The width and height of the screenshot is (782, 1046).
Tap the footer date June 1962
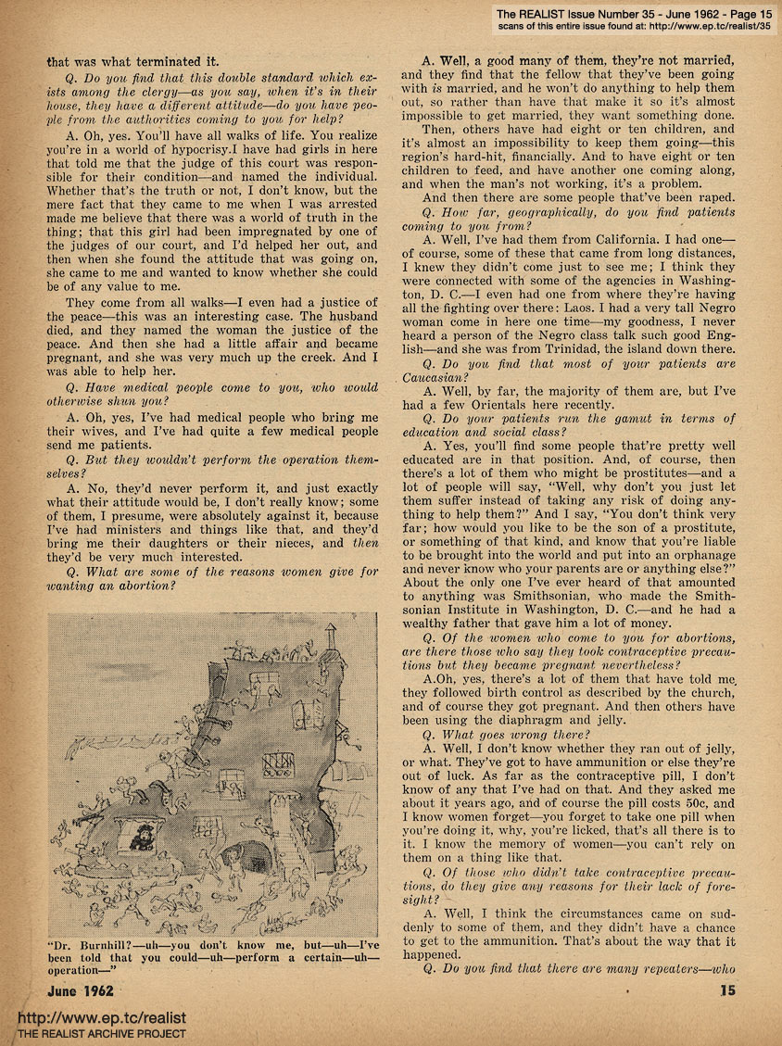(82, 989)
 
